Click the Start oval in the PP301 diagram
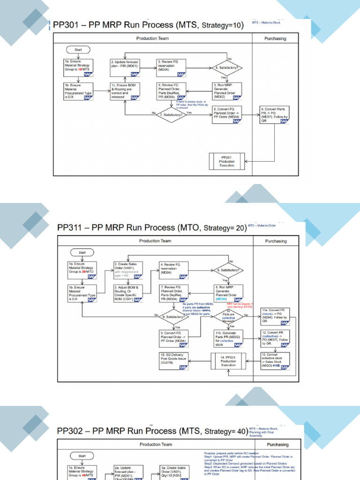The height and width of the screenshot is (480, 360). (x=78, y=49)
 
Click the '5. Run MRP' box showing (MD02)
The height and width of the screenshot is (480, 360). (x=227, y=91)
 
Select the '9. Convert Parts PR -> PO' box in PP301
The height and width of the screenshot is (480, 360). (x=274, y=115)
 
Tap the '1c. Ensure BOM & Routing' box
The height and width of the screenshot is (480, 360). (x=125, y=91)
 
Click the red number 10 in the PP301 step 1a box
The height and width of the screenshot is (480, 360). (x=81, y=68)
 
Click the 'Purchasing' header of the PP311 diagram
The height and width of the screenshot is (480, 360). (x=276, y=241)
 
